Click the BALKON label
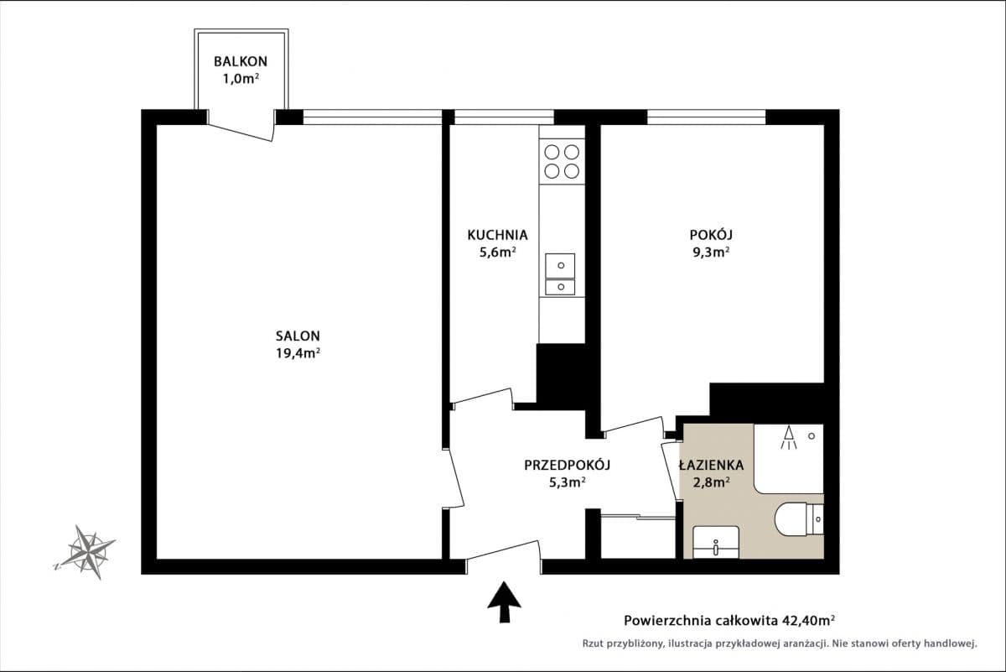[x=241, y=61]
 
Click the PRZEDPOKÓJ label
[x=566, y=465]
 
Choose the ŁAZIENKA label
[x=711, y=465]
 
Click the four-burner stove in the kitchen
[x=562, y=161]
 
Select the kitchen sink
[x=560, y=274]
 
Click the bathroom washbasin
[x=716, y=542]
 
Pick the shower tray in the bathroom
[x=788, y=458]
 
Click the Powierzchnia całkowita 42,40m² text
[x=729, y=621]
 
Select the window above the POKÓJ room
[x=706, y=117]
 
